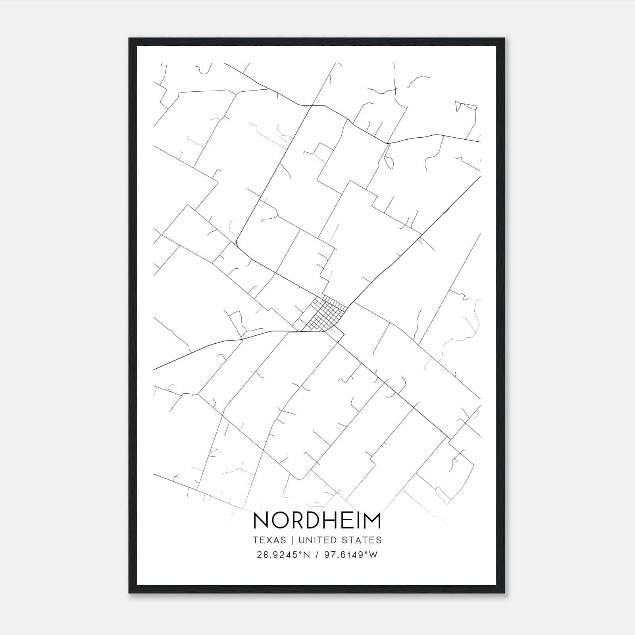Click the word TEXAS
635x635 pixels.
click(269, 540)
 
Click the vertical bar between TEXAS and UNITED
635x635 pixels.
click(292, 540)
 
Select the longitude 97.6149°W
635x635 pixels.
click(350, 555)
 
